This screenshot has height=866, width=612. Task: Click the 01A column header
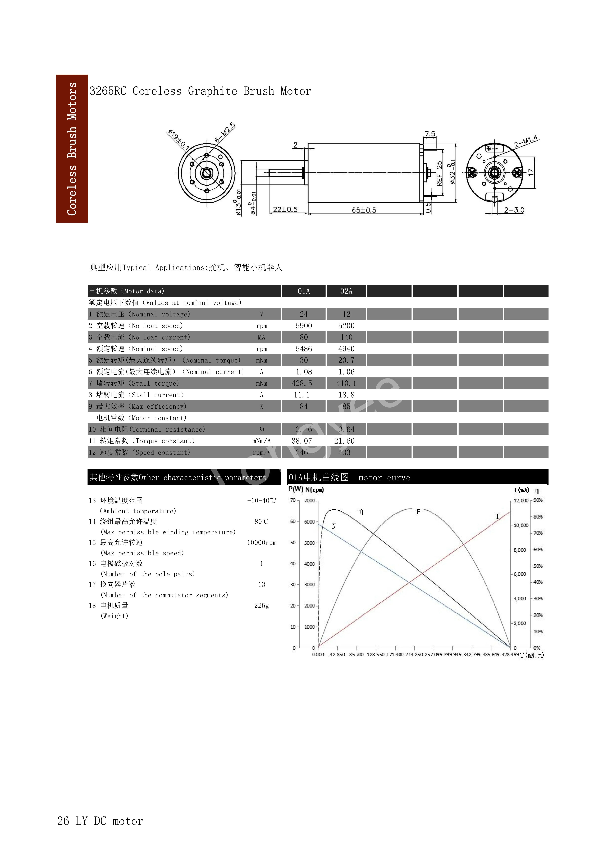point(304,291)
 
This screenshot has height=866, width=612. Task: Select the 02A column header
point(346,291)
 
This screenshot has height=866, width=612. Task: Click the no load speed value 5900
point(304,325)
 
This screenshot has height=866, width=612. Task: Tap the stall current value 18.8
point(346,395)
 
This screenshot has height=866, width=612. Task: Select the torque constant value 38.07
point(302,441)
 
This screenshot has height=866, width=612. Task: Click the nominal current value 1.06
point(346,372)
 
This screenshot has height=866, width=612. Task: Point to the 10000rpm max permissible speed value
point(262,543)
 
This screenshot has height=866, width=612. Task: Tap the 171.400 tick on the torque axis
point(395,654)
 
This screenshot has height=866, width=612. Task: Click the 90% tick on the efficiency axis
point(538,501)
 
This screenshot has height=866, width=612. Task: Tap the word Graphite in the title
point(213,91)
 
